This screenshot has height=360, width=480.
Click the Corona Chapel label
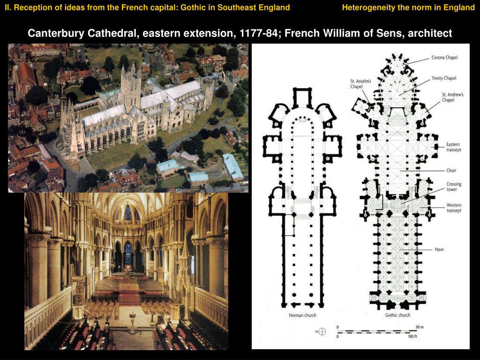[x=444, y=58]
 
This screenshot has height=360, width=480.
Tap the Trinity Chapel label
[x=443, y=78]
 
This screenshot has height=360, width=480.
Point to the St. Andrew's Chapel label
[x=452, y=97]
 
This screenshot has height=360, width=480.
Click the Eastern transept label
[x=453, y=147]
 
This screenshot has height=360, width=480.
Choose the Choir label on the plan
[x=451, y=171]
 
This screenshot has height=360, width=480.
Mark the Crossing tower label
[x=454, y=187]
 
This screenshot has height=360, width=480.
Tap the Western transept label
[x=454, y=208]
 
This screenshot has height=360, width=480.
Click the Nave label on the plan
[x=439, y=249]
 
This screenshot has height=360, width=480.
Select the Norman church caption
[x=302, y=315]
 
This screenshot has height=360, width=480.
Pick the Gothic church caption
[x=397, y=315]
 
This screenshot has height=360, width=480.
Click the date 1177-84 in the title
[x=256, y=33]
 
